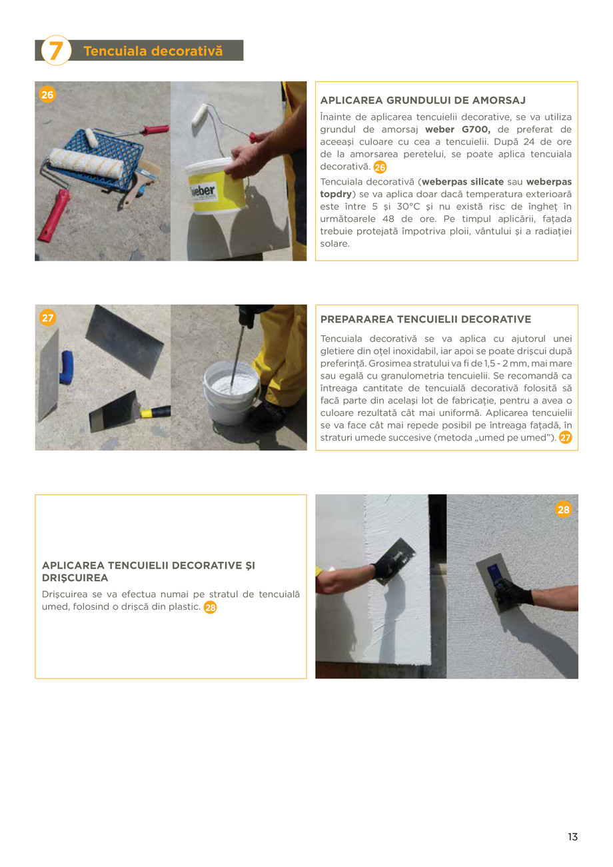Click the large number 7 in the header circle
pos(56,51)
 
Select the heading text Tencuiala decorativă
pos(153,51)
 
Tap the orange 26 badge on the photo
pos(47,95)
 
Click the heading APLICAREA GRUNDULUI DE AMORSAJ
pos(422,101)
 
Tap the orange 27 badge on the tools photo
pos(47,318)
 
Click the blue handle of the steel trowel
pos(66,367)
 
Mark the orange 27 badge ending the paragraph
pos(566,438)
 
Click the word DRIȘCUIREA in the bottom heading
pos(75,578)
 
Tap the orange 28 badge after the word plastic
pos(210,607)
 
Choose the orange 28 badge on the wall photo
pos(564,510)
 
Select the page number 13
pos(572,837)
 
